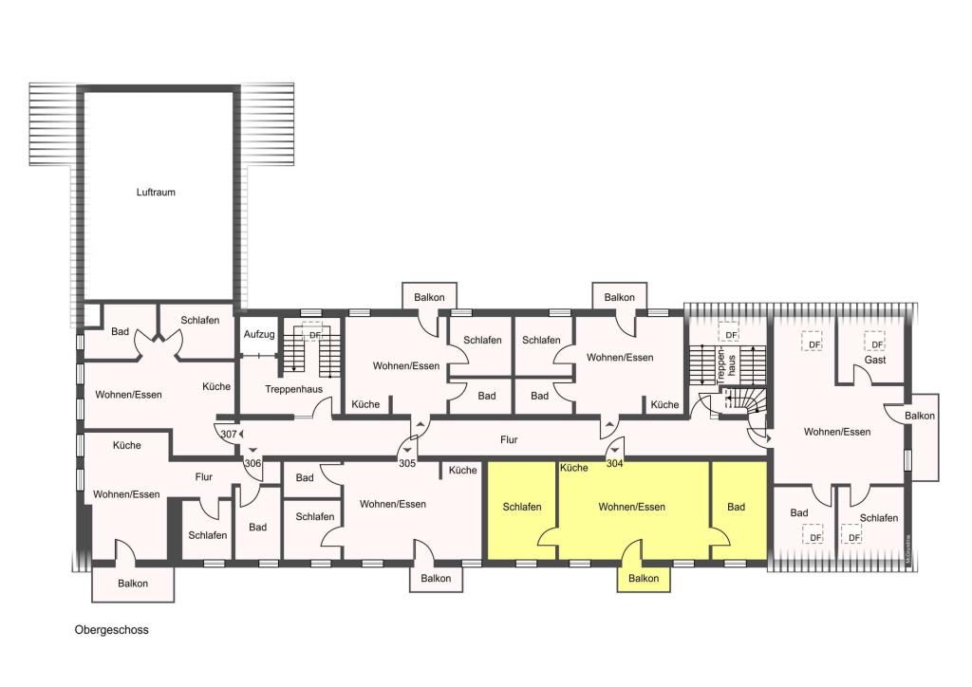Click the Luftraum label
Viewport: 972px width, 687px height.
(156, 192)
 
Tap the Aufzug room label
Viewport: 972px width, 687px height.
(259, 334)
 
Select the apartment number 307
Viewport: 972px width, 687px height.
(229, 434)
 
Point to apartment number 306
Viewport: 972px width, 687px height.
(252, 463)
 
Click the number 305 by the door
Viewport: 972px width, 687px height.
(406, 463)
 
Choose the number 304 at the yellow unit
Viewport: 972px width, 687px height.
(614, 463)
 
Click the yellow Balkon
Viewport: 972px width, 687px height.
(644, 579)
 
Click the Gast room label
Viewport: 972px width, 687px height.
(874, 360)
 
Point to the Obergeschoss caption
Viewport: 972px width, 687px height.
(112, 630)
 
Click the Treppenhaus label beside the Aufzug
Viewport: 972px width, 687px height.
(294, 389)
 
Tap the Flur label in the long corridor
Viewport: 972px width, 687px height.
(509, 440)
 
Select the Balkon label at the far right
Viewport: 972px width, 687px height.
(919, 416)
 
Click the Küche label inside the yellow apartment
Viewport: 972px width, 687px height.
(574, 468)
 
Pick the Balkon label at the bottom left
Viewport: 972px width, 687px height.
(133, 583)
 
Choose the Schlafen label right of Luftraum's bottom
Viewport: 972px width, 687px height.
(200, 321)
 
